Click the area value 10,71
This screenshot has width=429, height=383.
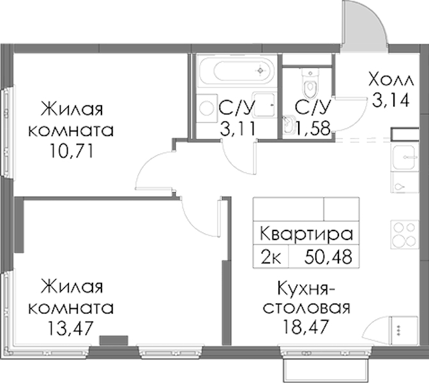click(71, 151)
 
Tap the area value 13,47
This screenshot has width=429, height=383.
click(71, 328)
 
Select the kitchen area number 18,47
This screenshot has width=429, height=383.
click(306, 326)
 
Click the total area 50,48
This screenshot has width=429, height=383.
click(328, 257)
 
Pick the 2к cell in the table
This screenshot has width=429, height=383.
click(271, 257)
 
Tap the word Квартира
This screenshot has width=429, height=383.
click(306, 234)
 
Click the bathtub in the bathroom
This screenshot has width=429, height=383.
click(237, 71)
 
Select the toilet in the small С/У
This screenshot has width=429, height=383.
click(310, 84)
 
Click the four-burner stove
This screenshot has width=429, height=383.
click(404, 234)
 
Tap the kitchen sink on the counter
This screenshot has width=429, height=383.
click(404, 157)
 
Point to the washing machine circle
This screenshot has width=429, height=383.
click(207, 108)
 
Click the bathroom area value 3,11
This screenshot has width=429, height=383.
click(238, 128)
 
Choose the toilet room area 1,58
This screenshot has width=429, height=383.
click(312, 128)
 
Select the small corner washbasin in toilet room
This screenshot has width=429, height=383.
click(289, 124)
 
